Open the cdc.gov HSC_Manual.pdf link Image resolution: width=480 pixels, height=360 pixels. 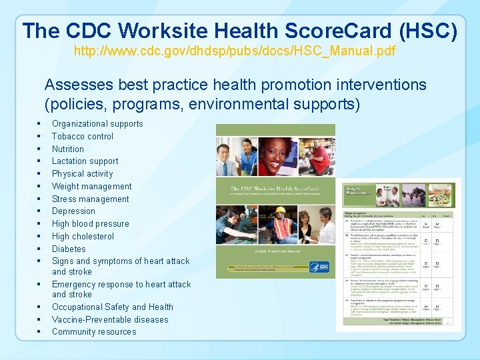click(x=234, y=51)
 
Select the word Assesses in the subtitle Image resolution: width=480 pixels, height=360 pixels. click(x=78, y=85)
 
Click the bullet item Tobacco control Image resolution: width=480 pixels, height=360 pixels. click(x=83, y=136)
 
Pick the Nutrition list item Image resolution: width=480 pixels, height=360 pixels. click(x=68, y=149)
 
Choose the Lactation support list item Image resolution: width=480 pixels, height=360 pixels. click(x=85, y=161)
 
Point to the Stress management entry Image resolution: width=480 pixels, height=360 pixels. click(x=90, y=199)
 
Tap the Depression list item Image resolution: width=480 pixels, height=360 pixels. click(x=73, y=211)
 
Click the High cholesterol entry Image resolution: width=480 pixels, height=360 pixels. click(x=83, y=236)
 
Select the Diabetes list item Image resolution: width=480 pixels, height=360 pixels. click(x=69, y=249)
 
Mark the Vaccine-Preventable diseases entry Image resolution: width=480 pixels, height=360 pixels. click(x=110, y=319)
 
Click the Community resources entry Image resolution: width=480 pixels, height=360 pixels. click(x=93, y=331)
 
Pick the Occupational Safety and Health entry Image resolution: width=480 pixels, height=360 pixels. click(x=112, y=307)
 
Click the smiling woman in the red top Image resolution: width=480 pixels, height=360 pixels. click(x=273, y=156)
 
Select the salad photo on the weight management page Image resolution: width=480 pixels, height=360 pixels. click(x=439, y=195)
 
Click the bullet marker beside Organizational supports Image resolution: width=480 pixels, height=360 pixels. click(x=40, y=124)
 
